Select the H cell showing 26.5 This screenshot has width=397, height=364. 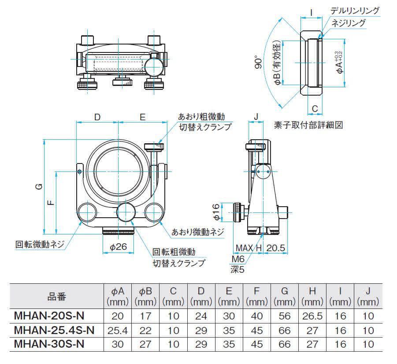click(x=312, y=316)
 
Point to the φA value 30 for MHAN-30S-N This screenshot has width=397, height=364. click(x=118, y=344)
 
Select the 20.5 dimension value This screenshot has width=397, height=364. click(x=276, y=248)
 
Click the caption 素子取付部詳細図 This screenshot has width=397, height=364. click(x=308, y=125)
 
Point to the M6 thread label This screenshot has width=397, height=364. click(x=238, y=259)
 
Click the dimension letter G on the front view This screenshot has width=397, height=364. click(x=39, y=187)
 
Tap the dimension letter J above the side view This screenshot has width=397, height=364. click(x=256, y=117)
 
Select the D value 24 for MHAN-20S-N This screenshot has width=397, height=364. click(x=201, y=316)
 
